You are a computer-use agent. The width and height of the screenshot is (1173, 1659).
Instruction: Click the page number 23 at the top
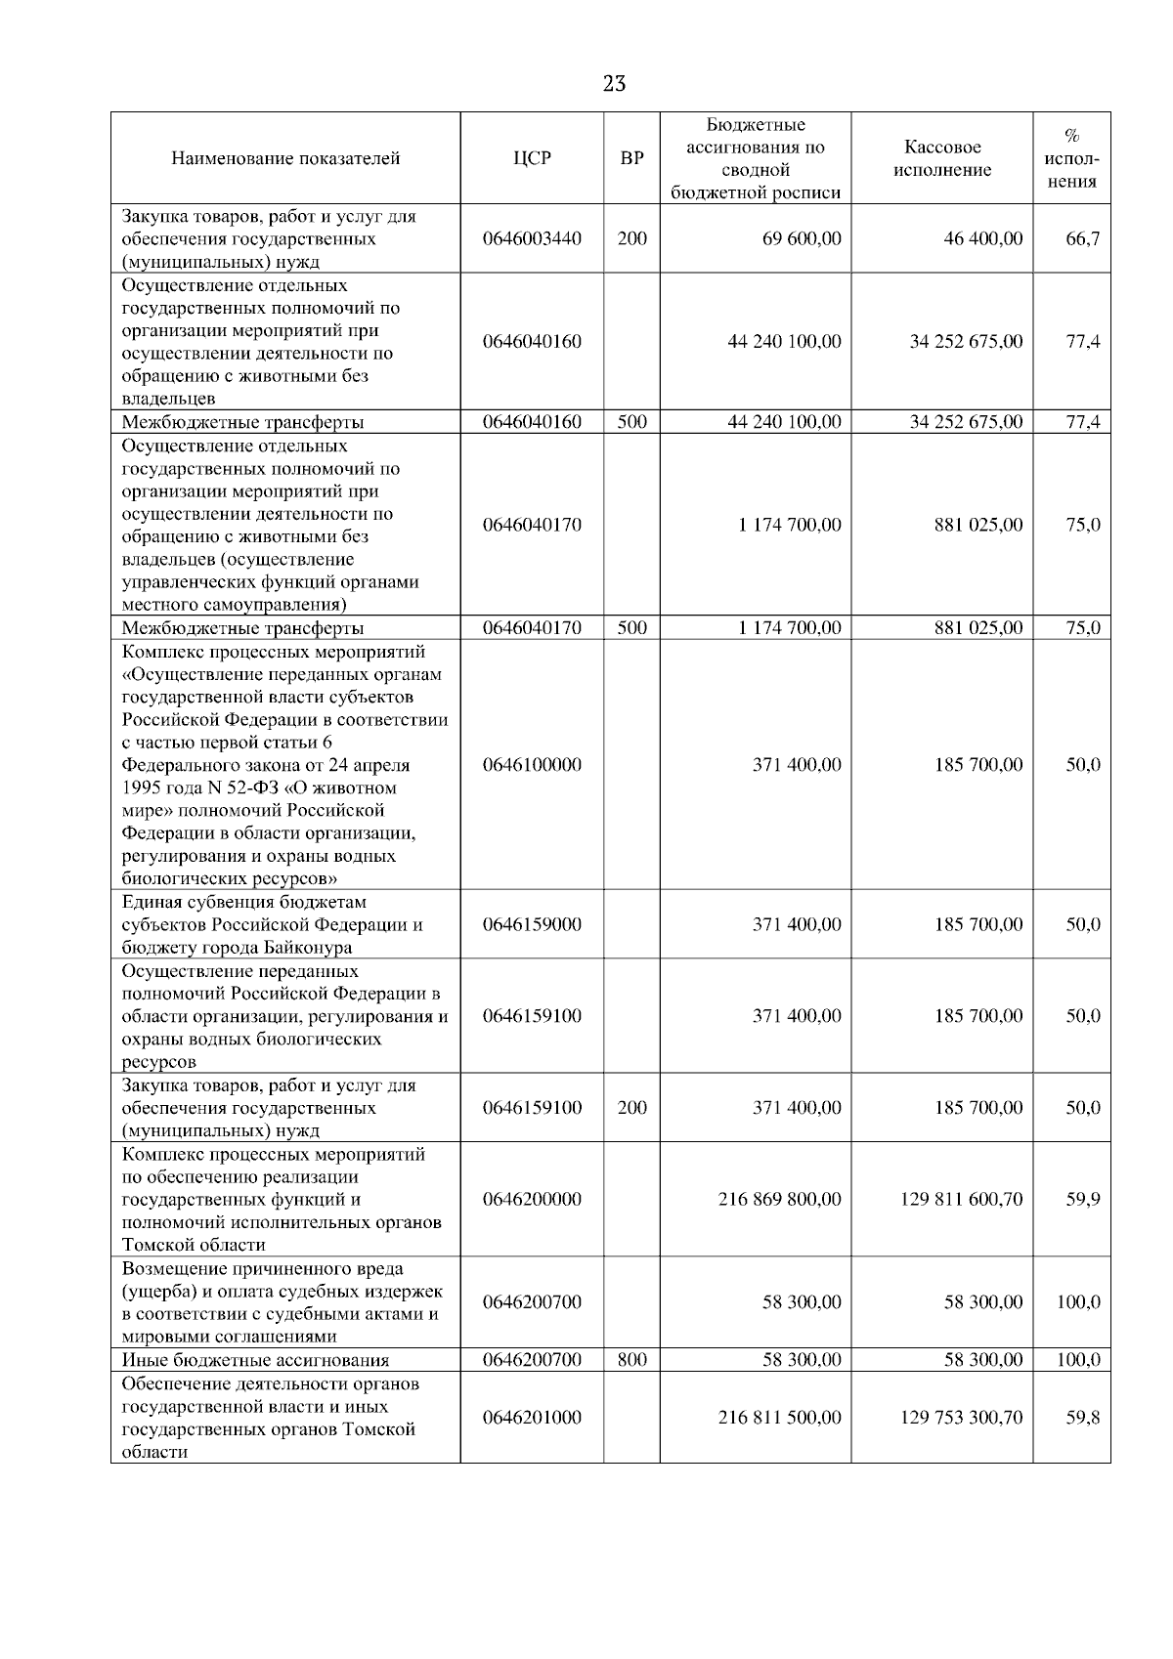(614, 84)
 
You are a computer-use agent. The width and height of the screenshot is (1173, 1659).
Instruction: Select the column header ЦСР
(532, 158)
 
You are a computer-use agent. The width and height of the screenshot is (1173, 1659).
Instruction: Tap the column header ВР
(631, 158)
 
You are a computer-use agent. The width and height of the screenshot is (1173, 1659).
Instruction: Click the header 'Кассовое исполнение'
(941, 158)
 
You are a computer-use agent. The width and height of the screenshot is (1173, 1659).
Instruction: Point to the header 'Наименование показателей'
(285, 158)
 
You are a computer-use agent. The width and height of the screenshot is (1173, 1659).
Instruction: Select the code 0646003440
(532, 238)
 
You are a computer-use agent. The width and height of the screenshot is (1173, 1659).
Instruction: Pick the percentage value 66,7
(1082, 238)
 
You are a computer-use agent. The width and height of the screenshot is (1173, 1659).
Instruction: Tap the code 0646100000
(532, 765)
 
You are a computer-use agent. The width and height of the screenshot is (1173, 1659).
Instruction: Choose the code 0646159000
(532, 924)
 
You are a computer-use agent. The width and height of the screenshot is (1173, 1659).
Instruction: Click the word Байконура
(307, 948)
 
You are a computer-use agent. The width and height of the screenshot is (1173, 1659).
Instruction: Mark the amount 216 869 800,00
(779, 1199)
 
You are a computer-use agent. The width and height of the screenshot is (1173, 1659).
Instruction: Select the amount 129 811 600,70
(961, 1199)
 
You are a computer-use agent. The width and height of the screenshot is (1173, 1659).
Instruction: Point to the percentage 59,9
(1082, 1199)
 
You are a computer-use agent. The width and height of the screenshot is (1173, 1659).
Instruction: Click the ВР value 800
(631, 1359)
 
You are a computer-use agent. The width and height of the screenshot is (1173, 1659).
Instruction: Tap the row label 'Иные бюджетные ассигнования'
(255, 1360)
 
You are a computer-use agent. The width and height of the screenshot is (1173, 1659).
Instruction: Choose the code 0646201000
(532, 1418)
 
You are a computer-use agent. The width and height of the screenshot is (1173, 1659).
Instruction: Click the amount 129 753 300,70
(961, 1418)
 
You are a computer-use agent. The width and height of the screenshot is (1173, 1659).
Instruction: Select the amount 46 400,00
(982, 238)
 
